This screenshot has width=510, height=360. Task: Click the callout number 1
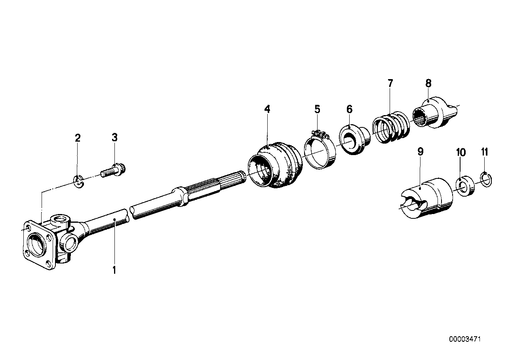114,271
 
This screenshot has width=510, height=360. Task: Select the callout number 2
78,138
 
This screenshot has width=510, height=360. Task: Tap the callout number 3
114,138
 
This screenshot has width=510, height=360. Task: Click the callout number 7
390,83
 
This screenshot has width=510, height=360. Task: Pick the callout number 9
421,151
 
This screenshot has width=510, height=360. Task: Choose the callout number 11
485,152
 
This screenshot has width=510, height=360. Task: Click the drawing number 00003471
466,339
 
